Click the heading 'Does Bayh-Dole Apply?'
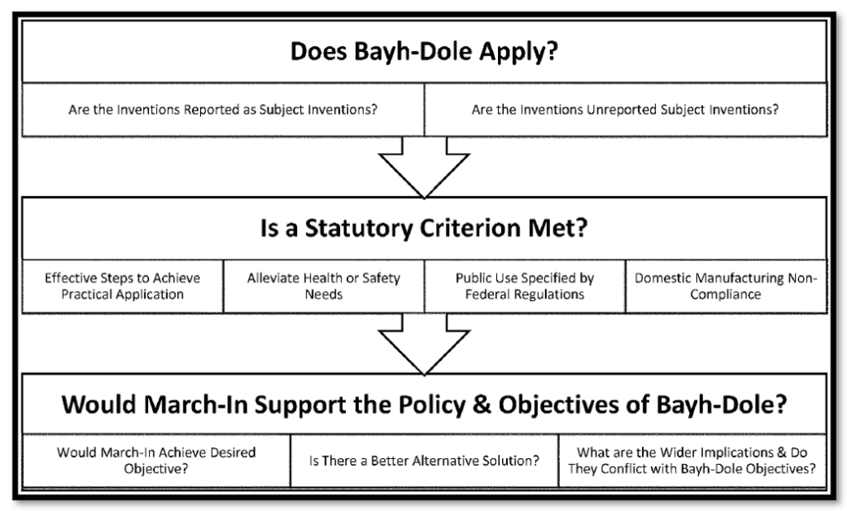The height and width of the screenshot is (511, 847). tap(424, 52)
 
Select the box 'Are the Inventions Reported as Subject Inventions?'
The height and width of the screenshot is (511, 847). tap(223, 110)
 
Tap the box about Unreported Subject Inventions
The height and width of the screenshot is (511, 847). tap(625, 110)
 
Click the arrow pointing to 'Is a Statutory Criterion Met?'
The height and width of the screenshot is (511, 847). tap(424, 167)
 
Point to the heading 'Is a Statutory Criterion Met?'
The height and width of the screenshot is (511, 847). tap(424, 228)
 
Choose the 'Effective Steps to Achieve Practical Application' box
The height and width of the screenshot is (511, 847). tap(122, 286)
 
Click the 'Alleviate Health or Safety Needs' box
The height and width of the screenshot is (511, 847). tap(323, 286)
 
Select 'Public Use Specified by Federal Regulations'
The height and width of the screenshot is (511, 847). tap(525, 286)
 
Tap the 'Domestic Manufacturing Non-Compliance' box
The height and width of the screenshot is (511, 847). tap(726, 286)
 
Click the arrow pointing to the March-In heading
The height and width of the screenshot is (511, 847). tap(424, 344)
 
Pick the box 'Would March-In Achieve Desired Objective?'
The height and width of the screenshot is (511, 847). tap(156, 461)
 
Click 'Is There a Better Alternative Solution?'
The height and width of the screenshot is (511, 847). tap(424, 461)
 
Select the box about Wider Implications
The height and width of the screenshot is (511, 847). tap(692, 461)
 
